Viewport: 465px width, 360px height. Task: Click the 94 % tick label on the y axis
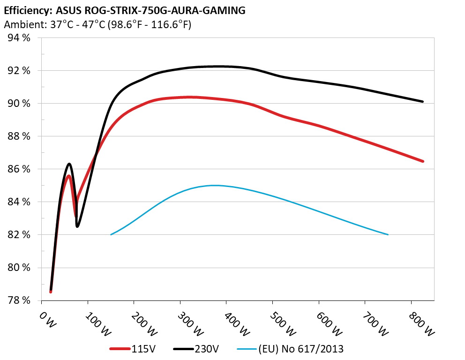point(19,38)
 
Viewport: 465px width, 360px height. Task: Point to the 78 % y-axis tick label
point(19,300)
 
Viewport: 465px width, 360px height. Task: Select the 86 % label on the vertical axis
point(19,169)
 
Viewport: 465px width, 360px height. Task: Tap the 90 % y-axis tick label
point(19,103)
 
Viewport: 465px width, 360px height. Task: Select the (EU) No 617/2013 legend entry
point(291,349)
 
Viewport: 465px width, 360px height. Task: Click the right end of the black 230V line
point(423,101)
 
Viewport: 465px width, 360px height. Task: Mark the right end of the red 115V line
point(423,161)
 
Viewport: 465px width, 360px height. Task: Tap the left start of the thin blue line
point(111,234)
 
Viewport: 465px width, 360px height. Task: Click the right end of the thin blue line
point(388,234)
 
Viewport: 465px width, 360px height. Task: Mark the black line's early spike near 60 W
point(69,164)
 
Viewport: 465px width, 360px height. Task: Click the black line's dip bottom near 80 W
point(77,226)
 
